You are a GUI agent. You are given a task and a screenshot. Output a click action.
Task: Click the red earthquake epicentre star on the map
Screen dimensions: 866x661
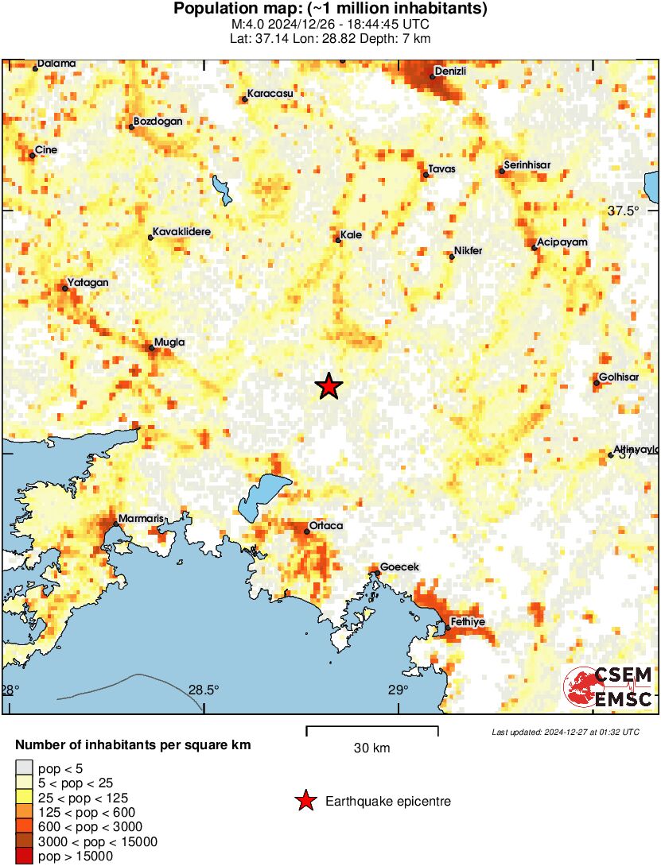point(329,386)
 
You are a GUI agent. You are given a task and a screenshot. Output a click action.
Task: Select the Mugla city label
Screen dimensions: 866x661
point(169,342)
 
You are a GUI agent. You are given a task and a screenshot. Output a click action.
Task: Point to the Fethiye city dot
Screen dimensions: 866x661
point(448,628)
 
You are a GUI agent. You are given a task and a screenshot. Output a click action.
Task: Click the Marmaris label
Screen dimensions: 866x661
point(141,519)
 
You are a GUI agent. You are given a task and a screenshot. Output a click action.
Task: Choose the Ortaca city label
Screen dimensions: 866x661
point(326,526)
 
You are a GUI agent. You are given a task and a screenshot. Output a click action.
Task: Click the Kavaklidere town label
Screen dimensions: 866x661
point(182,230)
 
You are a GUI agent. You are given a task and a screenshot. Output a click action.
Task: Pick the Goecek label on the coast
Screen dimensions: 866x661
point(400,566)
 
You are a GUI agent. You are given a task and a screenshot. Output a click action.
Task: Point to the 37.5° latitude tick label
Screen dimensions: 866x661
point(624,211)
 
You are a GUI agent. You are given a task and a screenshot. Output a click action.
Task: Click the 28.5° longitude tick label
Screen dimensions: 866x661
point(204,690)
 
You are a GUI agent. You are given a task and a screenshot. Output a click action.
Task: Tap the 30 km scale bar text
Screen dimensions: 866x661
point(371,748)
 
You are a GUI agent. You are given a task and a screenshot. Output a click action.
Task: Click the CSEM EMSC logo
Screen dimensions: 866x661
point(608,687)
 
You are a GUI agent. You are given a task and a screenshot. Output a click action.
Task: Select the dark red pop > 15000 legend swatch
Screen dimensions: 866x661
point(24,856)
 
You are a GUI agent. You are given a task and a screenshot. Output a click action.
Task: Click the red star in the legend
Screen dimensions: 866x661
point(306,801)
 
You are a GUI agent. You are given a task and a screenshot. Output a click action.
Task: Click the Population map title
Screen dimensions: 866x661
point(330,10)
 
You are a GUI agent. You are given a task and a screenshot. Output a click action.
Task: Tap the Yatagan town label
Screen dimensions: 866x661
point(88,282)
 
